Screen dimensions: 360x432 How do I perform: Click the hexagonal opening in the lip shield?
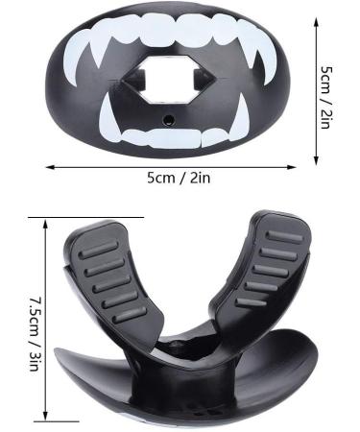tap(169, 79)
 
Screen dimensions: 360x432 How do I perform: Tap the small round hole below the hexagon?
tap(168, 120)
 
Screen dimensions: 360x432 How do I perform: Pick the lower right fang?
tap(241, 118)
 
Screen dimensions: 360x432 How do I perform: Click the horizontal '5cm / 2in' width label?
tap(179, 178)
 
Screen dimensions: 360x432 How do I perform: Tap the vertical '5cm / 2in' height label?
tap(325, 97)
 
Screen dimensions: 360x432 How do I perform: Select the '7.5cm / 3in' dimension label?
tap(36, 334)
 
